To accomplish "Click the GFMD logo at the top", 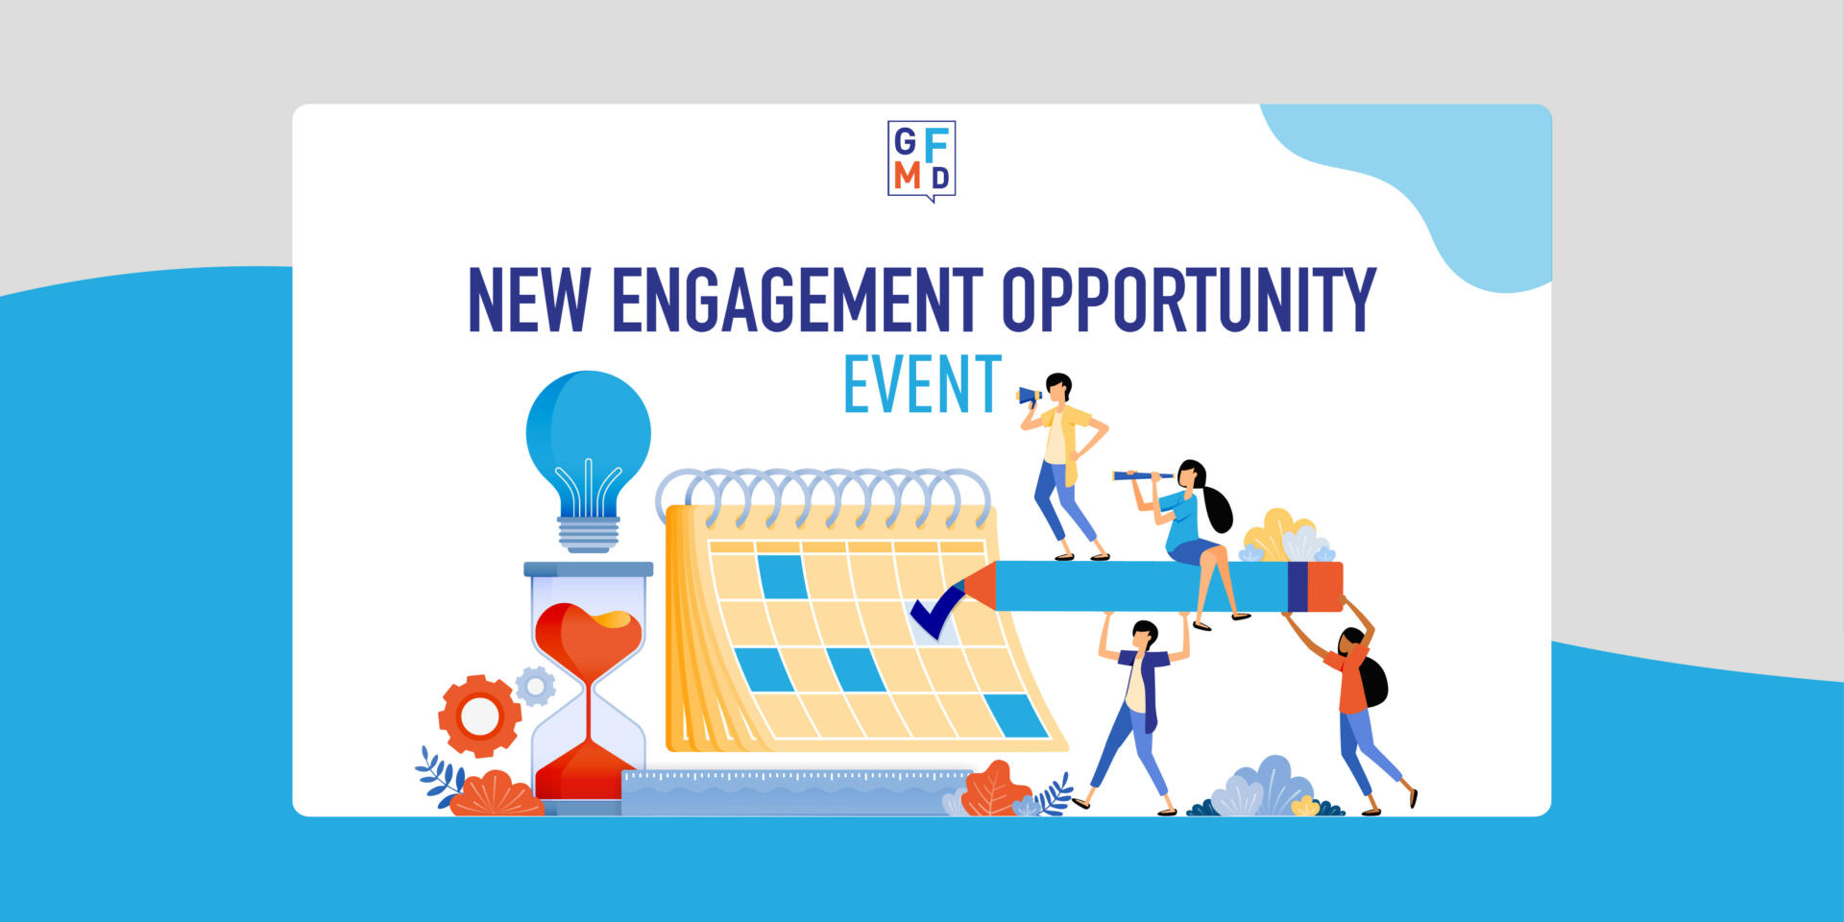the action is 921,160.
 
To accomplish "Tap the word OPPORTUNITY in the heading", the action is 1189,300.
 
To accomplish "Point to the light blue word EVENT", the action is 923,384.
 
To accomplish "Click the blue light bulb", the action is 588,461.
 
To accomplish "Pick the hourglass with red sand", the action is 588,687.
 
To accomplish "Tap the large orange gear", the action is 479,716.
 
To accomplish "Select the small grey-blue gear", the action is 535,687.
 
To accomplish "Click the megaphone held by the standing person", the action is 1030,395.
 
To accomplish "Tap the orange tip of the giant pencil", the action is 977,586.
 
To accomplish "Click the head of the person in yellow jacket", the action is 1057,388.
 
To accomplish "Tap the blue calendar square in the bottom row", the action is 1015,716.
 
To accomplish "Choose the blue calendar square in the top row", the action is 782,577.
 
